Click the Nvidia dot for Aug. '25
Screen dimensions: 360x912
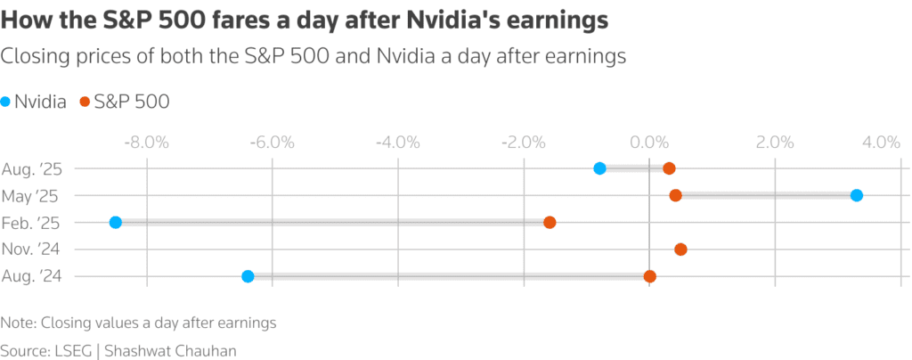599,168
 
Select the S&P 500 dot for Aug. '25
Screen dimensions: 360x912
669,168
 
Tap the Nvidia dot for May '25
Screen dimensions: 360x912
856,195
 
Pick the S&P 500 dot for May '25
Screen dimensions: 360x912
675,195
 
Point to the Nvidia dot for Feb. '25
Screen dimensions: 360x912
115,222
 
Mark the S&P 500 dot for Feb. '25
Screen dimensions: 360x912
550,222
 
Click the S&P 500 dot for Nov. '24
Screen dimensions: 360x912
681,250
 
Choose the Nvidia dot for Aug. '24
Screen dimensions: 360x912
248,276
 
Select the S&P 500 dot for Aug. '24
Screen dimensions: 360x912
650,276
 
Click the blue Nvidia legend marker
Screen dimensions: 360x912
6,102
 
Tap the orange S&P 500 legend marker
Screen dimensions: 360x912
85,102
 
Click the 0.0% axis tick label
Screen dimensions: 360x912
649,143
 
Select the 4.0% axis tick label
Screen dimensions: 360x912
880,143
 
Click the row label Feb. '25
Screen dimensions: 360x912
31,222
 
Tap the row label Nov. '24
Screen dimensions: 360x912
31,250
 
